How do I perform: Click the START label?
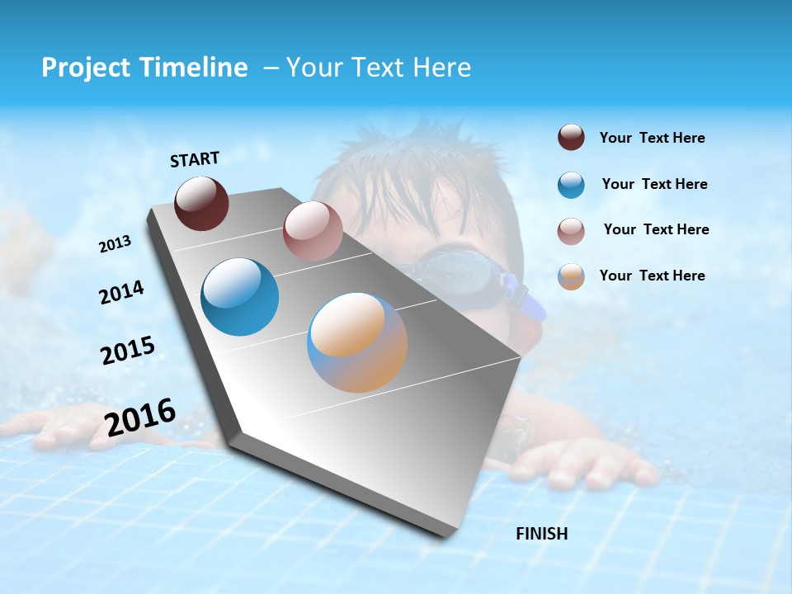click(x=195, y=159)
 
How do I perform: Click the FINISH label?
click(x=541, y=534)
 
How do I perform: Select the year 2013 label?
click(x=115, y=244)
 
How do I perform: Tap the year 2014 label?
click(x=121, y=292)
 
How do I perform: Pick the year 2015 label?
click(x=128, y=351)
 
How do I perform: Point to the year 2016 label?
click(x=140, y=417)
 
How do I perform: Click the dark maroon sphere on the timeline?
click(x=201, y=203)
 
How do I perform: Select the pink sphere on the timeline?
click(x=313, y=231)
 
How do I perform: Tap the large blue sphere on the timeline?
click(x=240, y=297)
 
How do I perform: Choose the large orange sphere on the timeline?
click(x=357, y=342)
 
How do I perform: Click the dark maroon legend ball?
click(x=571, y=138)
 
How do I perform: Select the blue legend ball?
click(x=571, y=185)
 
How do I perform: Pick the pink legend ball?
click(x=571, y=231)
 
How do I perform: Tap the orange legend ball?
click(x=571, y=276)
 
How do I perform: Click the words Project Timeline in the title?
click(x=144, y=68)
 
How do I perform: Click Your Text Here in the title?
click(x=379, y=68)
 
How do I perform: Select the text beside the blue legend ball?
click(x=654, y=184)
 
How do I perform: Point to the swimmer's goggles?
click(x=458, y=276)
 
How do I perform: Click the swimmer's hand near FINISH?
click(x=577, y=466)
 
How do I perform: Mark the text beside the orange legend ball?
click(x=652, y=276)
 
